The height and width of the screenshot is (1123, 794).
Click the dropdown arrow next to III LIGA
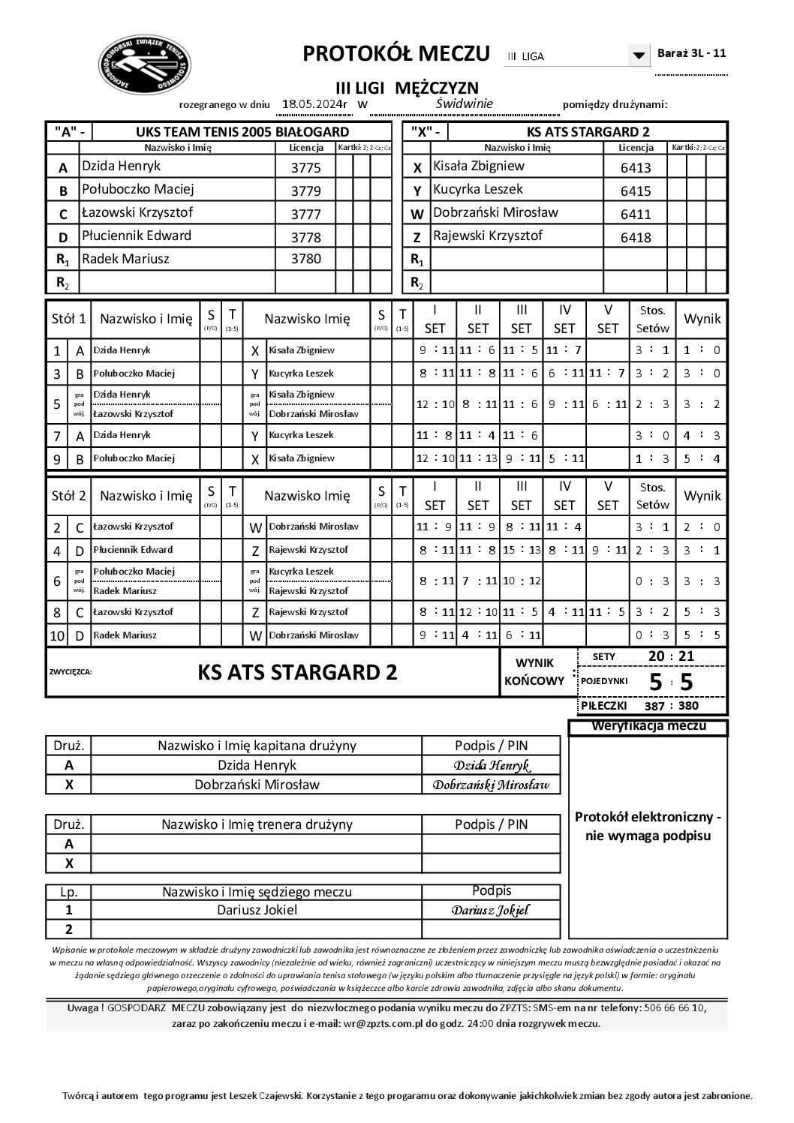(639, 56)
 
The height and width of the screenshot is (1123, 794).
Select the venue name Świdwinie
(464, 104)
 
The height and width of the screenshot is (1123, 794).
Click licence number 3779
(305, 191)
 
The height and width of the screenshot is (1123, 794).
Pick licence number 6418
(636, 238)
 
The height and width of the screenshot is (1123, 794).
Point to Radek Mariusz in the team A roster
(125, 259)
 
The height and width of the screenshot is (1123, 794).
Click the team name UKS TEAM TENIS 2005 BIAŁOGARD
(242, 132)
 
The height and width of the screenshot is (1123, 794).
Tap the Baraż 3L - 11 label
(691, 53)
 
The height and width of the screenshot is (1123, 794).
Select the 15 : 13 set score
(521, 550)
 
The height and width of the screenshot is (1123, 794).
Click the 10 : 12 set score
(521, 581)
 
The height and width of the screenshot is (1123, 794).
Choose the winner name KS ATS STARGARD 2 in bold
(297, 672)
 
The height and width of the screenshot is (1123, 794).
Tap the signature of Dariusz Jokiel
(491, 911)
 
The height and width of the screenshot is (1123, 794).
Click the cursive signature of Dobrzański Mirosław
(491, 785)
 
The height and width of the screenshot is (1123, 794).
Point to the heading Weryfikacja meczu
(648, 726)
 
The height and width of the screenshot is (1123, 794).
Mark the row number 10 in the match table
(57, 636)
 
